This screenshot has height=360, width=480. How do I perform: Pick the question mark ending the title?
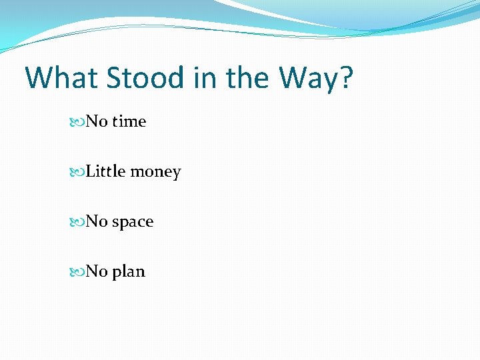[346, 78]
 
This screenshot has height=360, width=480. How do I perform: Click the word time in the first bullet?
[129, 121]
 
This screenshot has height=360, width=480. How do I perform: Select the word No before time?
[97, 121]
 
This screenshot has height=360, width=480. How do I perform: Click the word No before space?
[97, 221]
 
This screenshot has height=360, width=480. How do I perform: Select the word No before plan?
[97, 271]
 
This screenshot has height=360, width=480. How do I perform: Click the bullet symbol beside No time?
[80, 122]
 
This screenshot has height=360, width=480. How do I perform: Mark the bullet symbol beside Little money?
[80, 172]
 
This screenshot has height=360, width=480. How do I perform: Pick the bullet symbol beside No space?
[80, 222]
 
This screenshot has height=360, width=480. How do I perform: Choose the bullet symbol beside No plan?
[80, 272]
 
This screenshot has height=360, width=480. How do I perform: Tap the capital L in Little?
[91, 171]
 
